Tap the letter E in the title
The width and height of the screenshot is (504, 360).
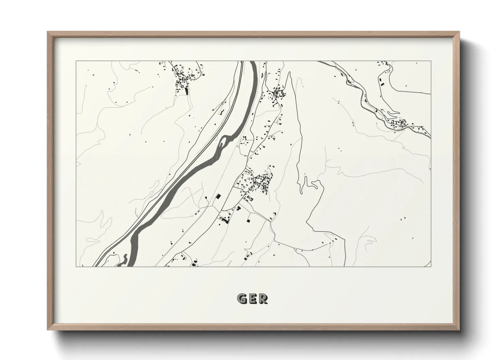tap(252, 299)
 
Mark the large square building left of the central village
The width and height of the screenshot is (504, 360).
tap(218, 196)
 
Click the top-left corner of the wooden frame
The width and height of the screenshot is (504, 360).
tap(48, 32)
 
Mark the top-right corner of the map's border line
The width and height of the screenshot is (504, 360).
tap(431, 61)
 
